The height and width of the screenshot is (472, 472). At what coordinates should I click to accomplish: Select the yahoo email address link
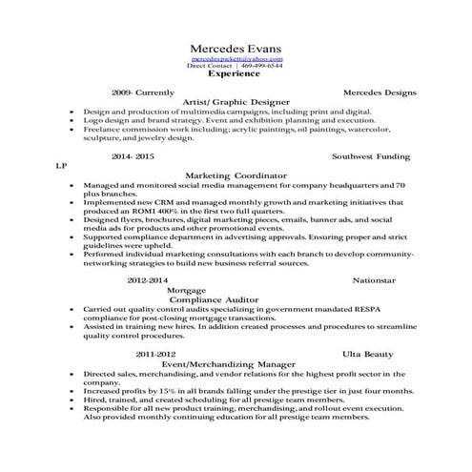(236, 60)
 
